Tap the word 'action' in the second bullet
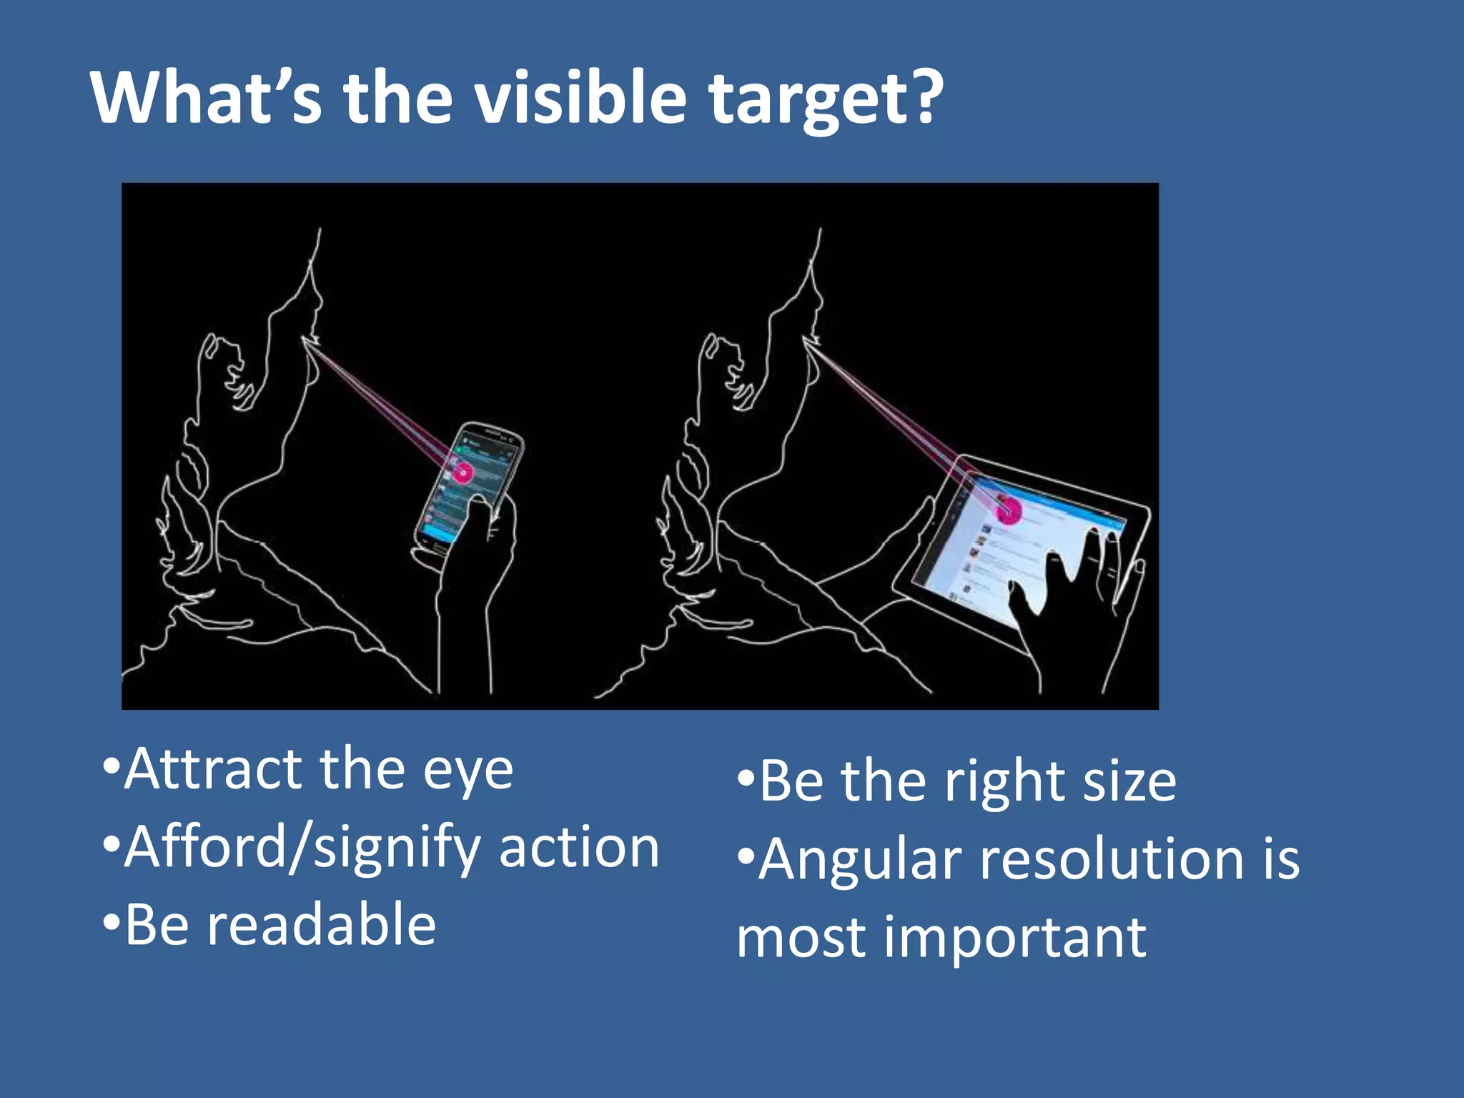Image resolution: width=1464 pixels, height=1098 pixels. click(x=578, y=848)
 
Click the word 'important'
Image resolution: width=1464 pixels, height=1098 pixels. click(x=1015, y=938)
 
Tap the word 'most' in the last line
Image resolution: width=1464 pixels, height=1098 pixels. click(x=801, y=938)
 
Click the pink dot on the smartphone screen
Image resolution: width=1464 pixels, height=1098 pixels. click(x=463, y=472)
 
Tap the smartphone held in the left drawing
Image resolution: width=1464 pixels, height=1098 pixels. click(x=468, y=486)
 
